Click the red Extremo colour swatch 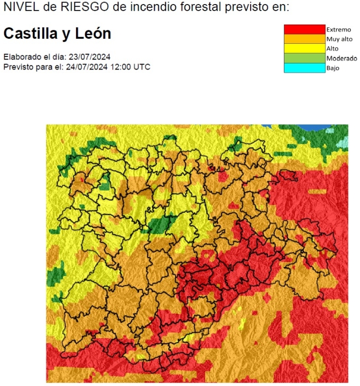pyautogui.click(x=304, y=29)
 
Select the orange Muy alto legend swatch pyautogui.click(x=304, y=39)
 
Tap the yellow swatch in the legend pyautogui.click(x=304, y=48)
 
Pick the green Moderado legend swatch pyautogui.click(x=304, y=58)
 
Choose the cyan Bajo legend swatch pyautogui.click(x=304, y=68)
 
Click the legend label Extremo pyautogui.click(x=338, y=30)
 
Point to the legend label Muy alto pyautogui.click(x=339, y=39)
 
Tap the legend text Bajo pyautogui.click(x=333, y=68)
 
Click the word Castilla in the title pyautogui.click(x=29, y=34)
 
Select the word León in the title pyautogui.click(x=94, y=34)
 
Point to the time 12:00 pyautogui.click(x=120, y=67)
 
